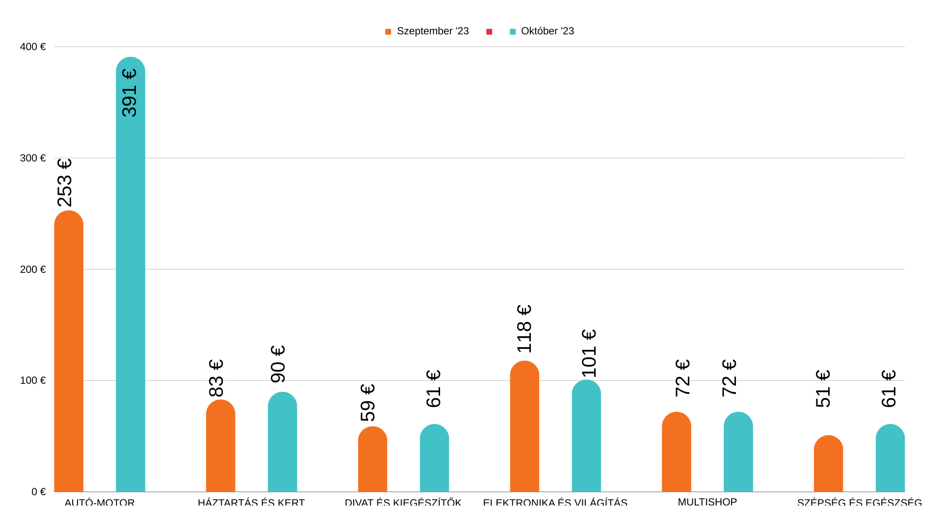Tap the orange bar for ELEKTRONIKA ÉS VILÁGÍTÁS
click(524, 427)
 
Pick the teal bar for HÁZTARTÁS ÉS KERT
click(282, 442)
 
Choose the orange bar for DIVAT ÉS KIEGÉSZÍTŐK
click(372, 459)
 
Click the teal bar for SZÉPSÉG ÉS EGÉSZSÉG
click(890, 458)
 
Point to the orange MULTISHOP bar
click(676, 452)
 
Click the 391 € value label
click(130, 93)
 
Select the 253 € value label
click(65, 183)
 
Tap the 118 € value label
click(524, 329)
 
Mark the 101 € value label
click(589, 353)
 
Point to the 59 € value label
click(368, 403)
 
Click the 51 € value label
click(823, 389)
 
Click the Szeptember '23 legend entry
click(427, 31)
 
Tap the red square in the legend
click(489, 32)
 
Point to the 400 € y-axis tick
click(32, 47)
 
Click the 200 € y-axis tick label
click(32, 269)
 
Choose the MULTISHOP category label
click(707, 502)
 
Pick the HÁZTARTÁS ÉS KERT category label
click(251, 503)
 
